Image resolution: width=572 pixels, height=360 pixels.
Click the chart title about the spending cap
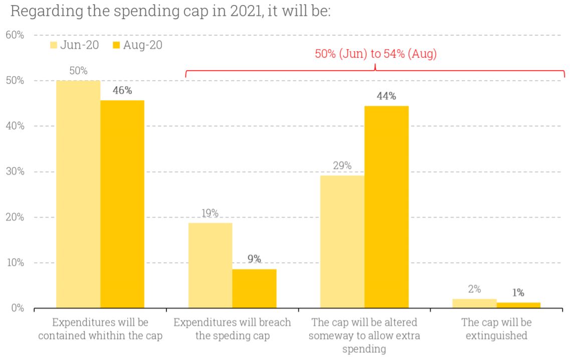(170, 11)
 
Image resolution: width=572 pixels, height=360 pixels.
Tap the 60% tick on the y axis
(15, 35)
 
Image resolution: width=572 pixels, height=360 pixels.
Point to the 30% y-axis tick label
(15, 172)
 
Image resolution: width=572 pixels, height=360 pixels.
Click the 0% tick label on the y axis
(17, 308)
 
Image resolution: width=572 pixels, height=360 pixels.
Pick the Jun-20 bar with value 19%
(210, 266)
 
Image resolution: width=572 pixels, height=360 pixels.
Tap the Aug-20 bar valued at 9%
(254, 289)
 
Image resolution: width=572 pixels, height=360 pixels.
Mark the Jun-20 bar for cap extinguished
(474, 304)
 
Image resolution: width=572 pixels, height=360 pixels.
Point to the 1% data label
(518, 293)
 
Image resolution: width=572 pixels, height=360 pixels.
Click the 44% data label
(386, 96)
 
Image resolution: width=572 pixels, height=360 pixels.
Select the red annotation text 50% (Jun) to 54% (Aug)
(375, 54)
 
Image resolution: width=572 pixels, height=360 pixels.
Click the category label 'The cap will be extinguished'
(496, 329)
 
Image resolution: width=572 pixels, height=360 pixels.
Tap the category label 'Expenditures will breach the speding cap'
(232, 329)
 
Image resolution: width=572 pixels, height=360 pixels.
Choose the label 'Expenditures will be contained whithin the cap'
(100, 329)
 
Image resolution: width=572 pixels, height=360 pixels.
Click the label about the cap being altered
(364, 335)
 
